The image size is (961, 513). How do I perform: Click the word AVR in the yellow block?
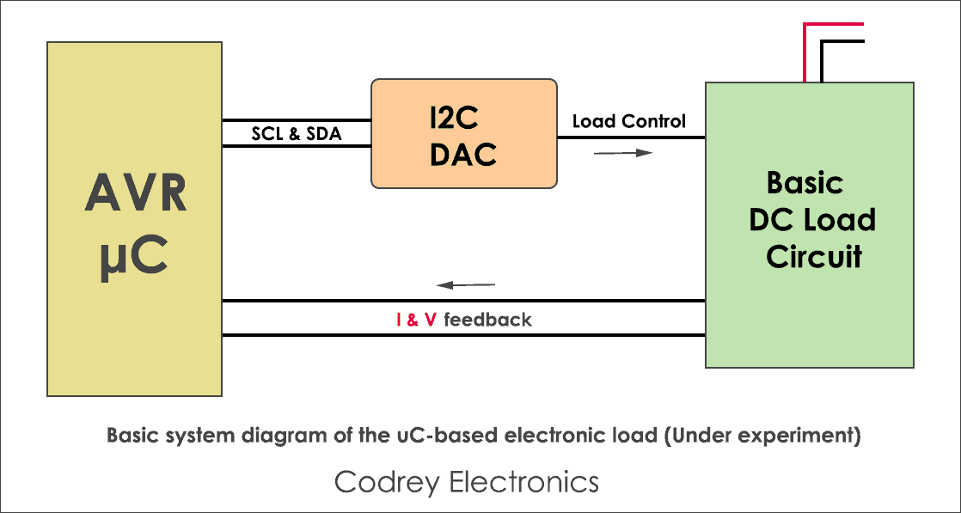[x=136, y=194]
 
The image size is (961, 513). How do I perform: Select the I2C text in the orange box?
[x=463, y=119]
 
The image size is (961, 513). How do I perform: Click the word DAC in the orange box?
[x=463, y=154]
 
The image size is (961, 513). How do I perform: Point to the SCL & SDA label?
[x=296, y=133]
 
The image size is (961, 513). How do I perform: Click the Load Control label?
[x=629, y=121]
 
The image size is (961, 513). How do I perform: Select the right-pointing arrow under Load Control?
[x=622, y=153]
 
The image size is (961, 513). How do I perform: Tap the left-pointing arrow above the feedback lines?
[x=466, y=284]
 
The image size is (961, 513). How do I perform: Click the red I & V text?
[x=416, y=320]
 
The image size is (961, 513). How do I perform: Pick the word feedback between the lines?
[x=487, y=320]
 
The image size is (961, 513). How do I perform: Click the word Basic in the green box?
[x=805, y=183]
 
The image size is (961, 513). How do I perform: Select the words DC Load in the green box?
[x=811, y=220]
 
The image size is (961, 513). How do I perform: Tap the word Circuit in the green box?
[x=813, y=257]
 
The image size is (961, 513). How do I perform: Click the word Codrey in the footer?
[x=387, y=481]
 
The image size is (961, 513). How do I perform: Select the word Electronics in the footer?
[x=524, y=481]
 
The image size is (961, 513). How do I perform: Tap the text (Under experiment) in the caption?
[x=762, y=435]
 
